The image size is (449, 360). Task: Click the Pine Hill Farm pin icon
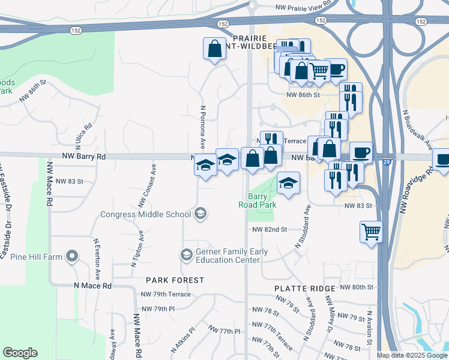pyautogui.click(x=72, y=257)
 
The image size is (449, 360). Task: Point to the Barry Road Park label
pyautogui.click(x=262, y=200)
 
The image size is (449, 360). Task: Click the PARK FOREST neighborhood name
pyautogui.click(x=175, y=280)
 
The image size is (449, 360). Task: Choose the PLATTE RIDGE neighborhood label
pyautogui.click(x=305, y=289)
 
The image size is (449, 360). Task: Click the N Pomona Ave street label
pyautogui.click(x=203, y=128)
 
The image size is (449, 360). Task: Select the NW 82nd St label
pyautogui.click(x=270, y=230)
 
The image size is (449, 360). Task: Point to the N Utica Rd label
pyautogui.click(x=83, y=135)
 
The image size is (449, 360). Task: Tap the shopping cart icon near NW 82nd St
pyautogui.click(x=372, y=231)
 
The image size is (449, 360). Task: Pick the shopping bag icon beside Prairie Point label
pyautogui.click(x=214, y=50)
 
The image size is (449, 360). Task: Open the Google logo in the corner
pyautogui.click(x=20, y=353)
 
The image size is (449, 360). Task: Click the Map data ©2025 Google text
pyautogui.click(x=411, y=355)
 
